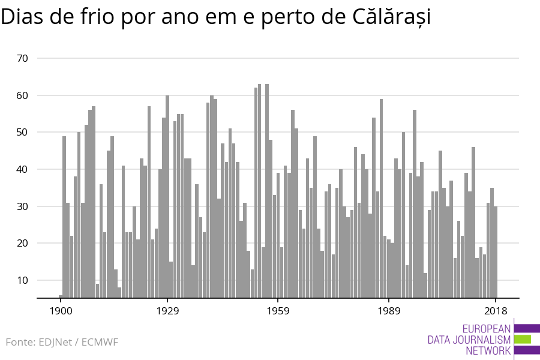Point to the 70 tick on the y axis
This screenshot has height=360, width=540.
coord(23,58)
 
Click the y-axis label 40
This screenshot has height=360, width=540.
coord(23,169)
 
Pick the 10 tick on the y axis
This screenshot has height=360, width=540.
coord(23,280)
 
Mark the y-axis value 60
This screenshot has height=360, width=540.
coord(23,95)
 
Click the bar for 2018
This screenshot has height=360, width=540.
coord(496,252)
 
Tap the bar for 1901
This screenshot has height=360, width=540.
coord(64,217)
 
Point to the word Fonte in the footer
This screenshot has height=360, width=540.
coord(20,343)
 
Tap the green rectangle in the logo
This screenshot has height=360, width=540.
coord(523,339)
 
